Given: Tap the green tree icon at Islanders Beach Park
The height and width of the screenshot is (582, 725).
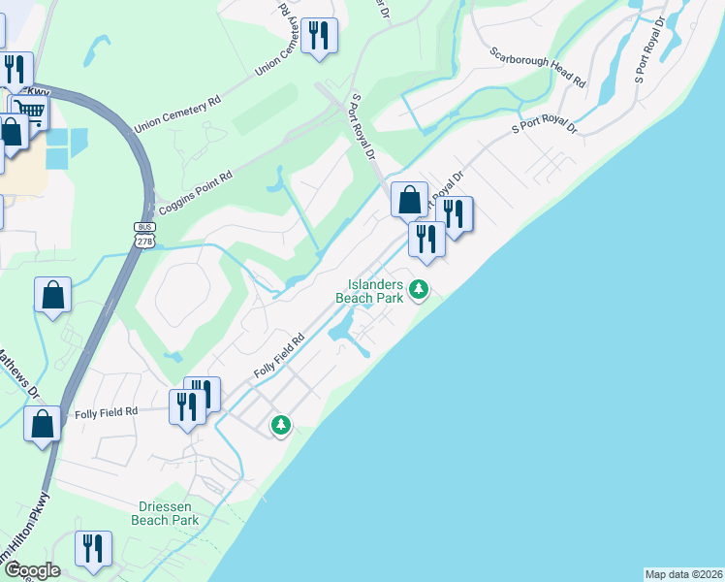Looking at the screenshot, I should pos(419,289).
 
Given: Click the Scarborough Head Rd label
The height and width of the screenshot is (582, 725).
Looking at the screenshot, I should pos(537,69).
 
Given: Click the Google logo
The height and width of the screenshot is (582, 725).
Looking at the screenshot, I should pos(31,570).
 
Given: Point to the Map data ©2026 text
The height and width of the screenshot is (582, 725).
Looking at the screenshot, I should pos(683,574).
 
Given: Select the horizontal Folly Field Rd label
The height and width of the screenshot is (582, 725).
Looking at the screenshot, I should pos(106,411).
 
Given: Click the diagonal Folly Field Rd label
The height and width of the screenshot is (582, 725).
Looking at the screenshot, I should pos(279,356).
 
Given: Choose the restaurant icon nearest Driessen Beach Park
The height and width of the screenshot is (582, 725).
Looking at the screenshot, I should pos(93,548).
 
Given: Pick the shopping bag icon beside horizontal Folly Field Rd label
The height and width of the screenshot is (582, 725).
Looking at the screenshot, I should pos(42,424).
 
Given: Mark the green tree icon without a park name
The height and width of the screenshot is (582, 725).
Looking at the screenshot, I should pos(281,425).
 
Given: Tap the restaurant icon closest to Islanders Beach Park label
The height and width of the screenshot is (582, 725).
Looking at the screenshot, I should pos(426,238).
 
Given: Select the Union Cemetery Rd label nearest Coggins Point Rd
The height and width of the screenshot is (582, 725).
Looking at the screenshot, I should pos(178,112).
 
